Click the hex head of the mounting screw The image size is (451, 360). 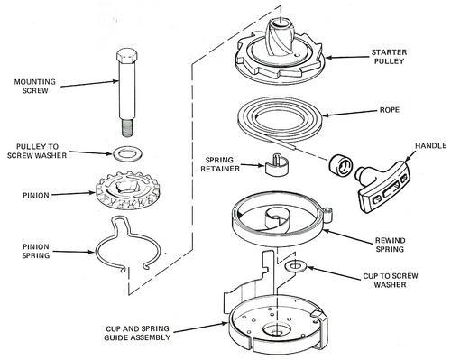[x=127, y=57]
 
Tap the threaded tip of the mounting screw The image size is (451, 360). [x=128, y=128]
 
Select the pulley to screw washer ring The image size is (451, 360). [x=127, y=153]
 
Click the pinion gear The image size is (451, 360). [x=127, y=190]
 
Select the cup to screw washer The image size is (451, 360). [x=296, y=266]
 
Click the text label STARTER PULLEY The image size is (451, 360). [x=389, y=57]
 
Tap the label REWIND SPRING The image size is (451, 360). [x=390, y=245]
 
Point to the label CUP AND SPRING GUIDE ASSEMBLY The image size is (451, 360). [x=137, y=333]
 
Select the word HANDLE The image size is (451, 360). [x=430, y=146]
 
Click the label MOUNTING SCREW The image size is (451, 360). [x=35, y=86]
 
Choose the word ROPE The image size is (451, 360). [x=390, y=110]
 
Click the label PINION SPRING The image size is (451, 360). [x=36, y=251]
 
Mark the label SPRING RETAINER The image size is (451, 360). [x=220, y=164]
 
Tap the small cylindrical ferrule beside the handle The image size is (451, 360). [x=340, y=165]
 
